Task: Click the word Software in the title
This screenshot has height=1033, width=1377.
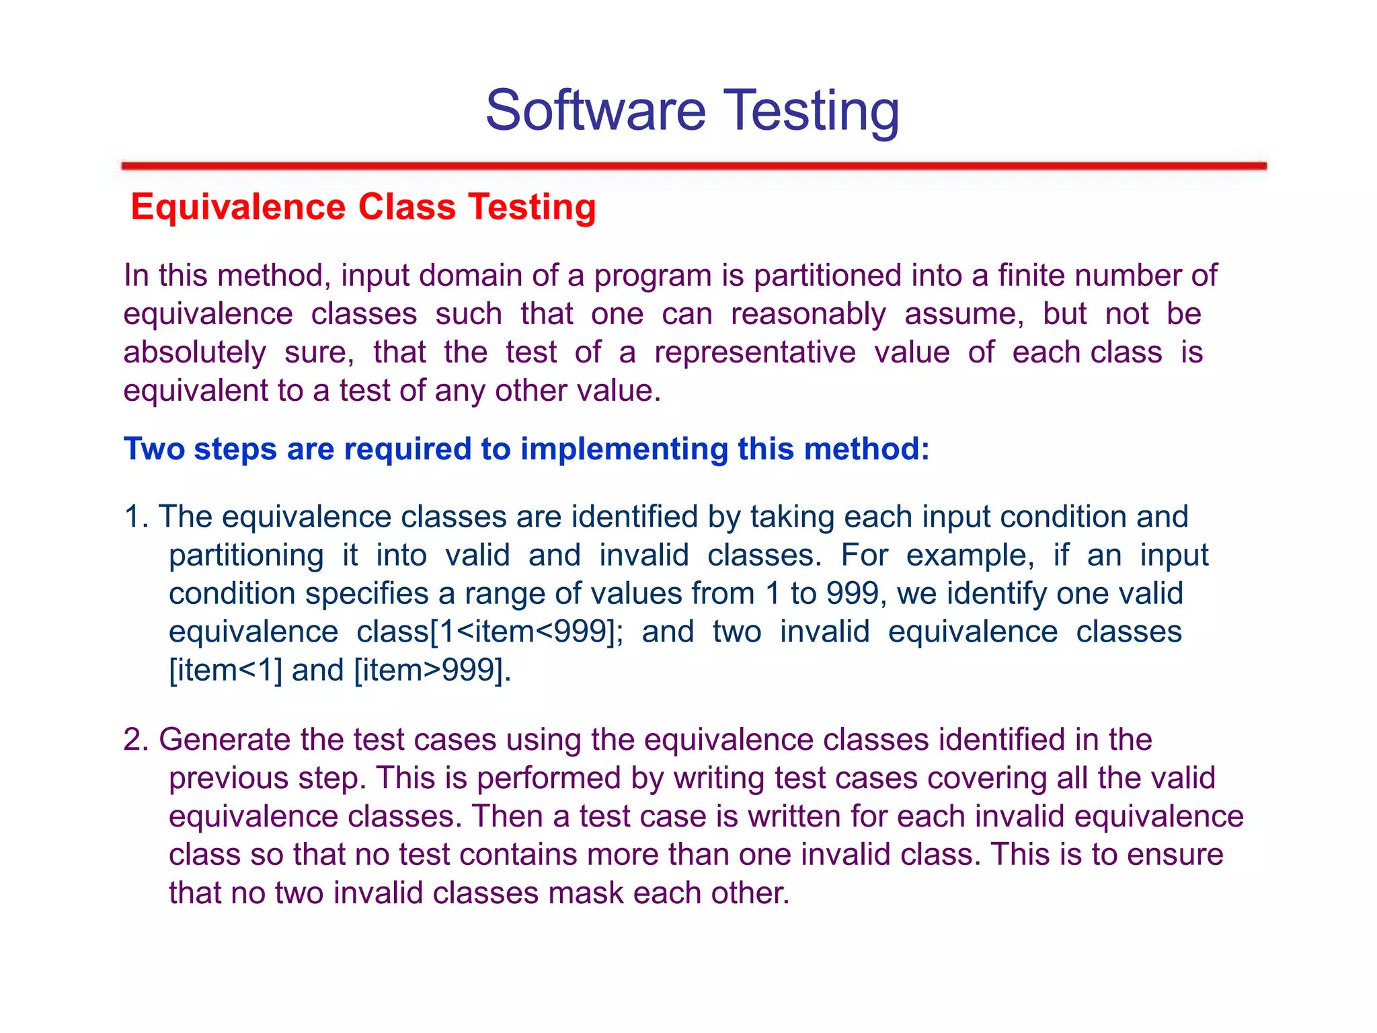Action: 596,110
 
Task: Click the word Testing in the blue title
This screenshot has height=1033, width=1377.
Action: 812,112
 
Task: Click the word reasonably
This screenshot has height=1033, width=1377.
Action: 808,315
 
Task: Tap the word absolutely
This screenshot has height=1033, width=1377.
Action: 194,353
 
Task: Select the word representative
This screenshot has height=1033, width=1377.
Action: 755,352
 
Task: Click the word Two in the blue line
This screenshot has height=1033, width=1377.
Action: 154,449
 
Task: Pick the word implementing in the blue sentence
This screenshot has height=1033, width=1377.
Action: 624,449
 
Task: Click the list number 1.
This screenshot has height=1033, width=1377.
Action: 135,517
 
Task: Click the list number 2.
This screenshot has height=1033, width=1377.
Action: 136,740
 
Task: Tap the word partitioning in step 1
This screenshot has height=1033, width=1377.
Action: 246,556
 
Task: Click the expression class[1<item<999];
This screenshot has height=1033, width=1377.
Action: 489,632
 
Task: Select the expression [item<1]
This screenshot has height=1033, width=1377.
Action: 225,671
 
